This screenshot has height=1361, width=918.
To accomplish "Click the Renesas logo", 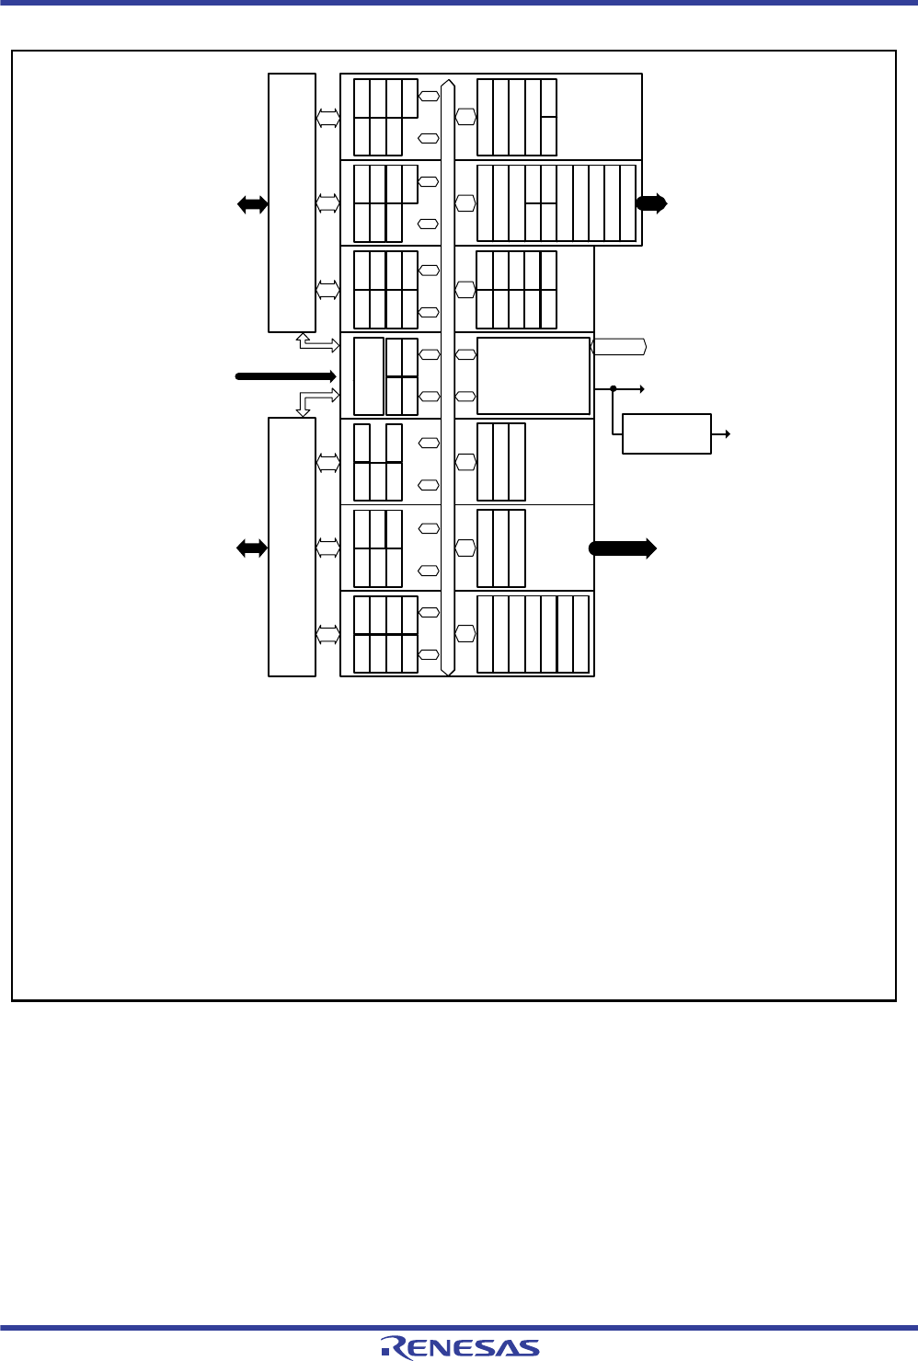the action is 460,1347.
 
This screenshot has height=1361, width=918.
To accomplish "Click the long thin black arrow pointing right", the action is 285,376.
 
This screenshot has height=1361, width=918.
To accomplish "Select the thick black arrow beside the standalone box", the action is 623,548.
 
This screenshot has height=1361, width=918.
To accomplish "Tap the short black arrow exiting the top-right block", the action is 651,203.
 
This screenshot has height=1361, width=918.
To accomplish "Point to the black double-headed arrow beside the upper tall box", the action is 253,205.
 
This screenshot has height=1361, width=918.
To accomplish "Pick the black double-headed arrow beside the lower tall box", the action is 252,548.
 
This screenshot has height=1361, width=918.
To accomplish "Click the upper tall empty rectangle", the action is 292,203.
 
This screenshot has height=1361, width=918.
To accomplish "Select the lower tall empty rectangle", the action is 292,547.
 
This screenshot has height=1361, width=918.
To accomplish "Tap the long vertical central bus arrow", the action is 447,377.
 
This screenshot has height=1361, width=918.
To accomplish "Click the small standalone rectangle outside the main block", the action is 667,433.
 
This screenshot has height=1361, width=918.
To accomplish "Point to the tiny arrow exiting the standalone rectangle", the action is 720,434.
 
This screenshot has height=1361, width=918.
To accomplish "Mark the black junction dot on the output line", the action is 614,389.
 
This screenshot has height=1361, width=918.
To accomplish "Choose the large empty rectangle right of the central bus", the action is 534,376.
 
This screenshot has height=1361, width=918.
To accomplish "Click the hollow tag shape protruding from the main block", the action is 618,347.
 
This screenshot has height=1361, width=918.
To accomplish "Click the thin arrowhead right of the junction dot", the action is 642,389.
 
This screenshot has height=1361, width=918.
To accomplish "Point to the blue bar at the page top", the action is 459,3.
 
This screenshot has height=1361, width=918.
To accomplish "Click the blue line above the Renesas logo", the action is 459,1328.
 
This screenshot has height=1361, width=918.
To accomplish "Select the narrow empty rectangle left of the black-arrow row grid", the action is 369,376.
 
